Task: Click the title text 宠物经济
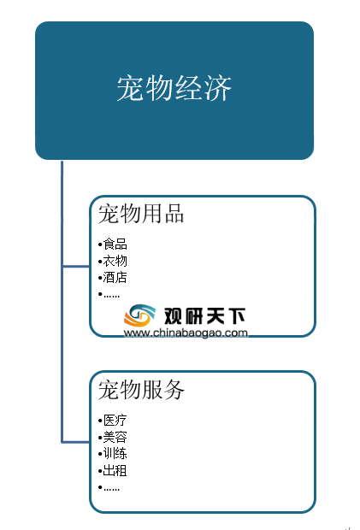tap(174, 88)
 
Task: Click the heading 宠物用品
tap(141, 214)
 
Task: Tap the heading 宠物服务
tap(141, 390)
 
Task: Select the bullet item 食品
tap(115, 244)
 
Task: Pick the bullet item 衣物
tap(115, 261)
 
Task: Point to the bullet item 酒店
tap(115, 277)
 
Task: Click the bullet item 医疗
tap(115, 420)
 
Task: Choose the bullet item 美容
tap(115, 437)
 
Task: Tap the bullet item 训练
tap(115, 454)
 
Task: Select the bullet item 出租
tap(115, 470)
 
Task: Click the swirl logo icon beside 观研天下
tap(139, 315)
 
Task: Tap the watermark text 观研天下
tap(204, 316)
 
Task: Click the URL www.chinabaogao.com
tap(186, 333)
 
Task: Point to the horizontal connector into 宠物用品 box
tap(76, 267)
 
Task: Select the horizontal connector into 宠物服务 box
tap(76, 442)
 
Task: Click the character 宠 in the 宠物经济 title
tap(131, 88)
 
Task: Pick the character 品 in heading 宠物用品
tap(174, 214)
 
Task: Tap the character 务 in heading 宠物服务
tap(174, 390)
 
